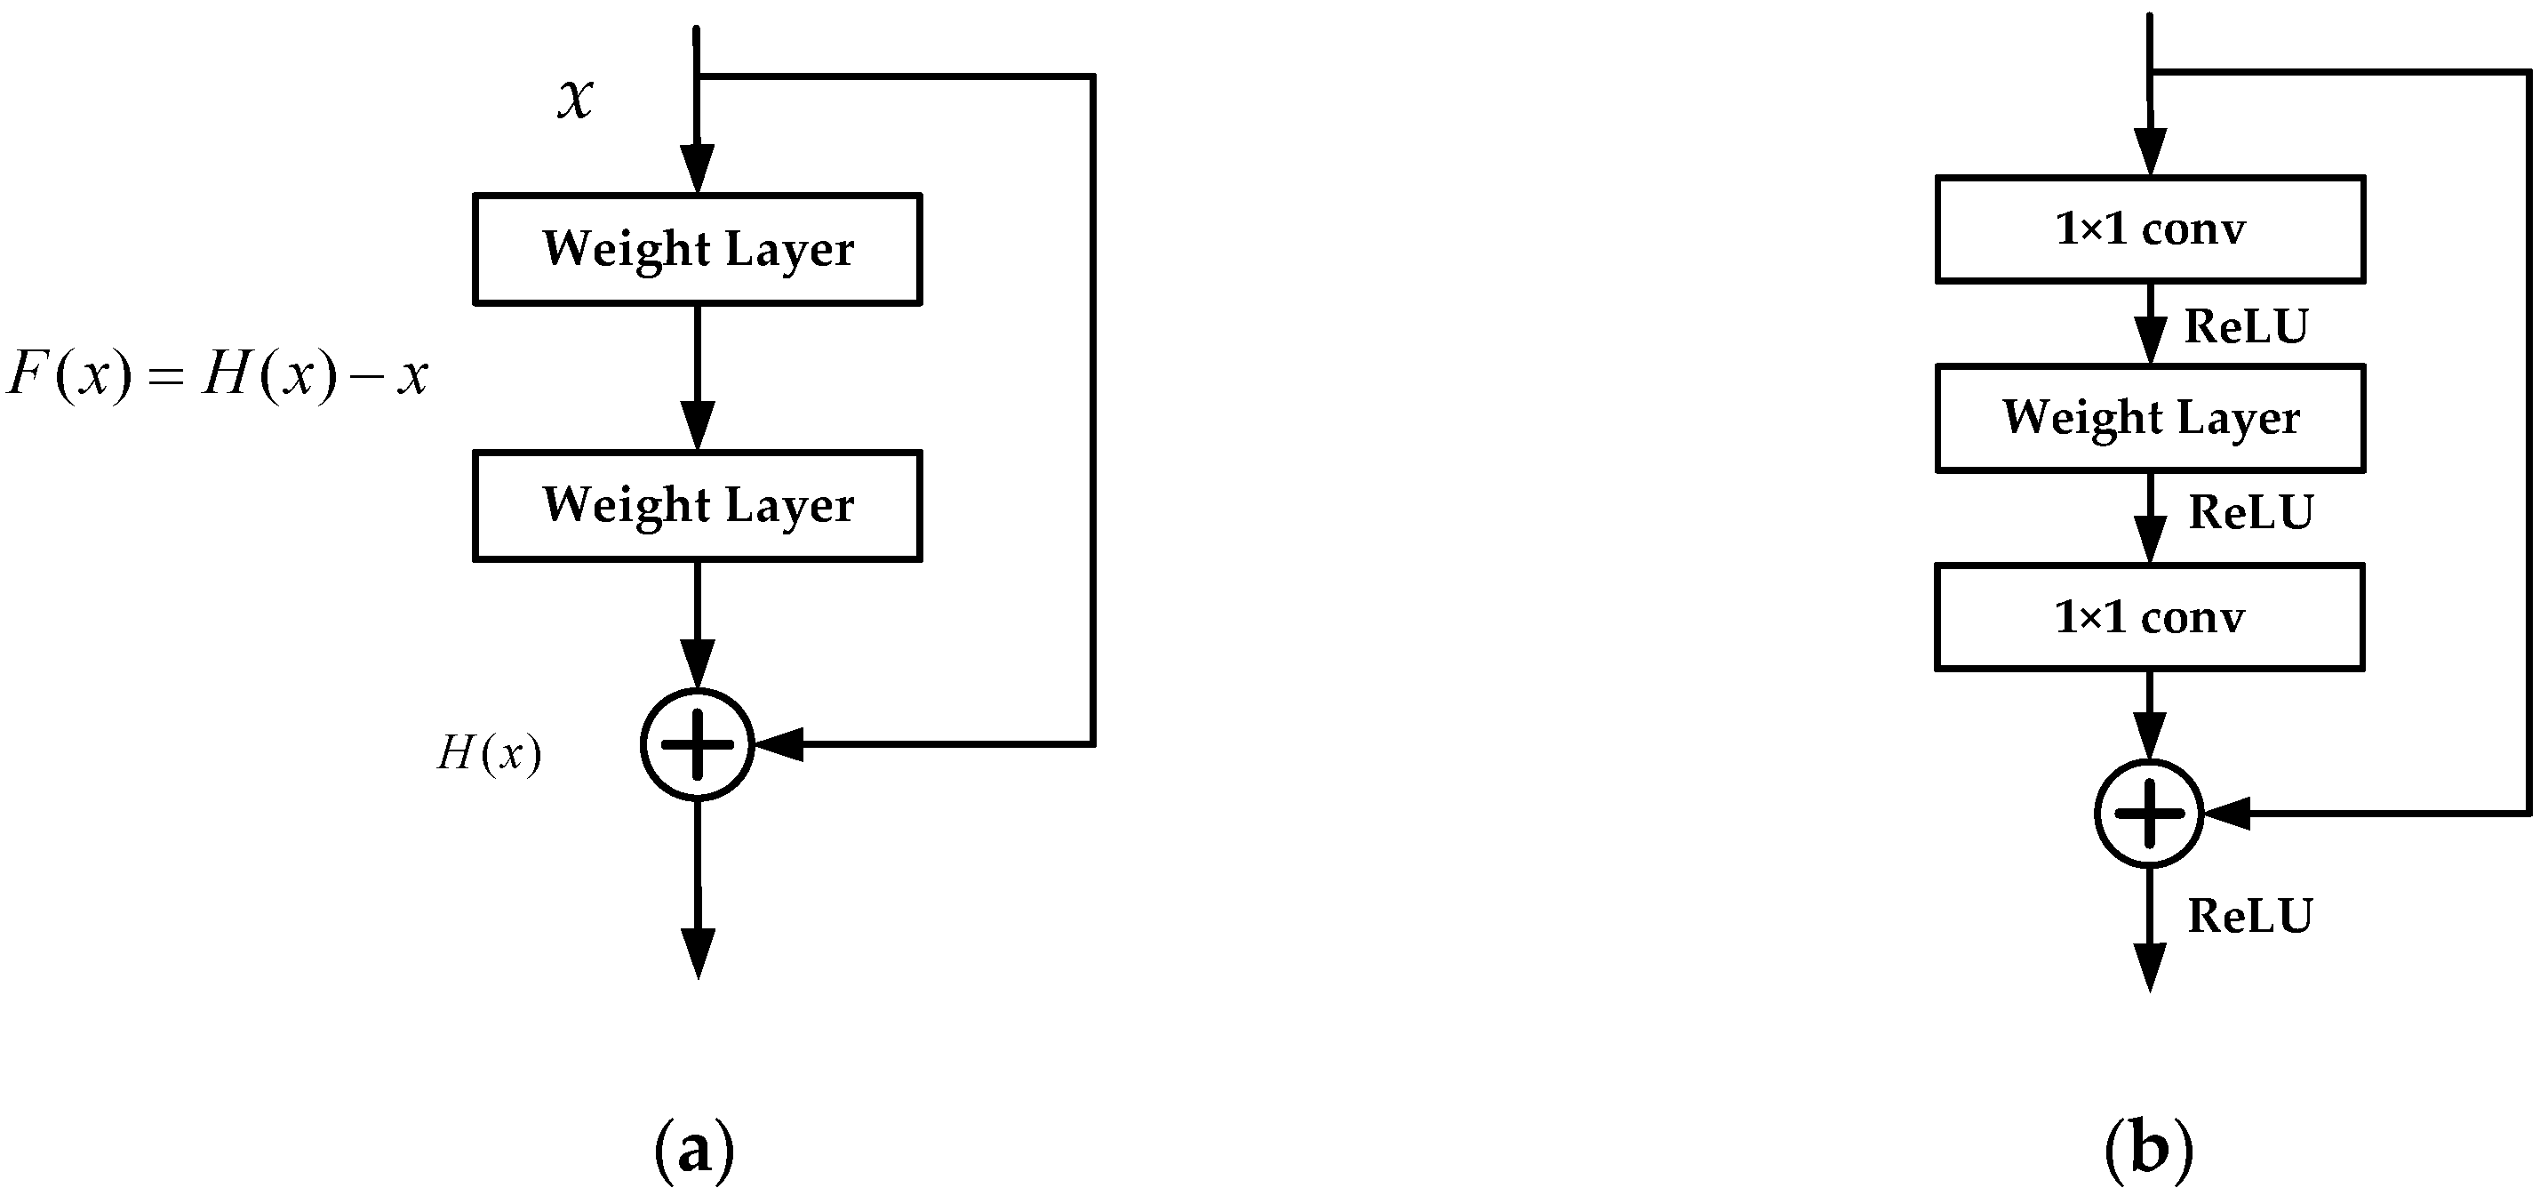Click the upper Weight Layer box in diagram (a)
[698, 248]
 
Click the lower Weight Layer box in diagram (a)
[698, 506]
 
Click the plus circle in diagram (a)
[698, 744]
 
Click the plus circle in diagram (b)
[2149, 814]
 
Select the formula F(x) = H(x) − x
[218, 375]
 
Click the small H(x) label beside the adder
[490, 754]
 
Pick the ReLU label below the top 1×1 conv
[2245, 326]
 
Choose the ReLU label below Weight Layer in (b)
[2250, 512]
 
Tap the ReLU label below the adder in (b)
[2250, 916]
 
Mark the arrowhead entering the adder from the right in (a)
[779, 744]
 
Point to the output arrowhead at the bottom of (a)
[698, 951]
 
